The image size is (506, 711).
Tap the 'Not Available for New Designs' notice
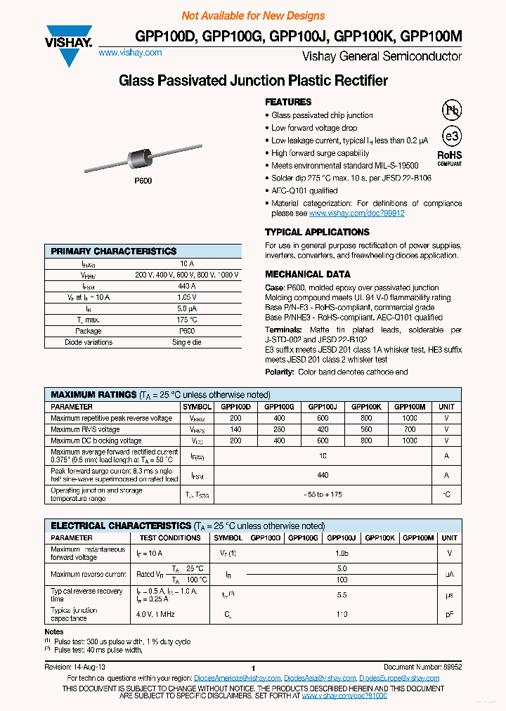[x=253, y=15]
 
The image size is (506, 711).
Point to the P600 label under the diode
[x=143, y=181]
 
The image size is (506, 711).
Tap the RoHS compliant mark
[x=450, y=157]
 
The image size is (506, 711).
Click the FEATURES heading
[x=288, y=102]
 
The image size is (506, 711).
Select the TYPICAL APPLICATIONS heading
[x=317, y=232]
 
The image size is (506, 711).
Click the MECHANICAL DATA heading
[x=307, y=274]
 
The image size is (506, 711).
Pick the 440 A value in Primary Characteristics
[x=187, y=287]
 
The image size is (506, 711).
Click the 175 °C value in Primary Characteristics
[x=187, y=320]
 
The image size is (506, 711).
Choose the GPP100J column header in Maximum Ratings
[x=323, y=407]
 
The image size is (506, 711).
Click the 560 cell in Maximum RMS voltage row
[x=366, y=429]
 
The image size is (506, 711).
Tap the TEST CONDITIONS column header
[x=170, y=537]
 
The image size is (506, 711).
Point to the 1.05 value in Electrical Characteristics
[x=342, y=554]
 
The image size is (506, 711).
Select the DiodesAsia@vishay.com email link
[x=320, y=678]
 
